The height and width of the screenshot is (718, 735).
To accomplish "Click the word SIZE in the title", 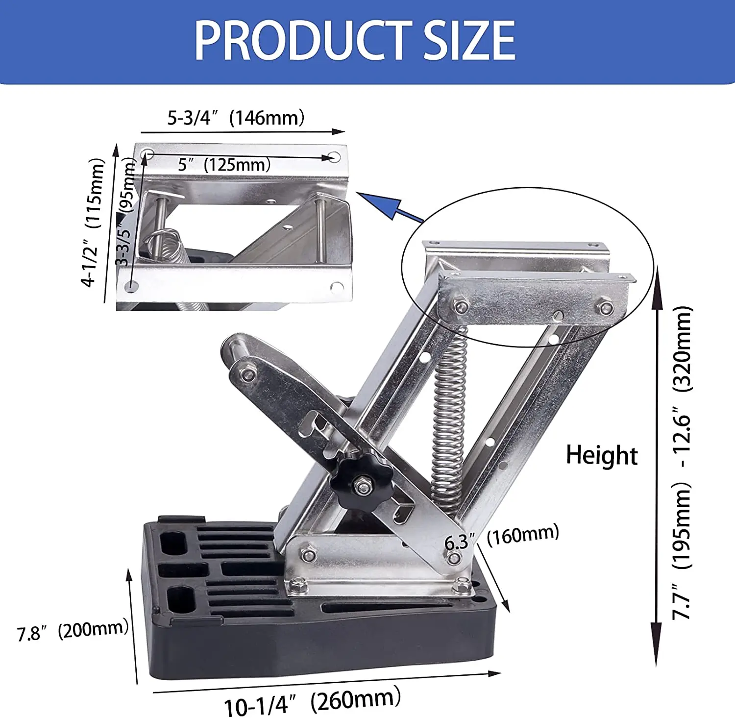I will click(469, 40).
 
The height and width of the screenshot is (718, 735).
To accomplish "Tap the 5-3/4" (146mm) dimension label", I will click(236, 118).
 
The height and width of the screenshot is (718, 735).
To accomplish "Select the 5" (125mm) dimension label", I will click(224, 164).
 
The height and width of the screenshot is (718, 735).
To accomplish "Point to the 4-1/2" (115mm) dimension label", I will click(94, 223).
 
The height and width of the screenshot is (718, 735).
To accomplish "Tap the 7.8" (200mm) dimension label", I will click(73, 630).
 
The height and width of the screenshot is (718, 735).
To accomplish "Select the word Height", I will click(602, 456).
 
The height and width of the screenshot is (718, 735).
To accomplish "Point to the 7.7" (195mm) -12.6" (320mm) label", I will click(682, 463).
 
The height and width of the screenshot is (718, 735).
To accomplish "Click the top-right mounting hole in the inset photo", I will click(334, 157).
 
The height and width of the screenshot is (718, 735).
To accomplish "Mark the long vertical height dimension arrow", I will click(657, 466).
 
